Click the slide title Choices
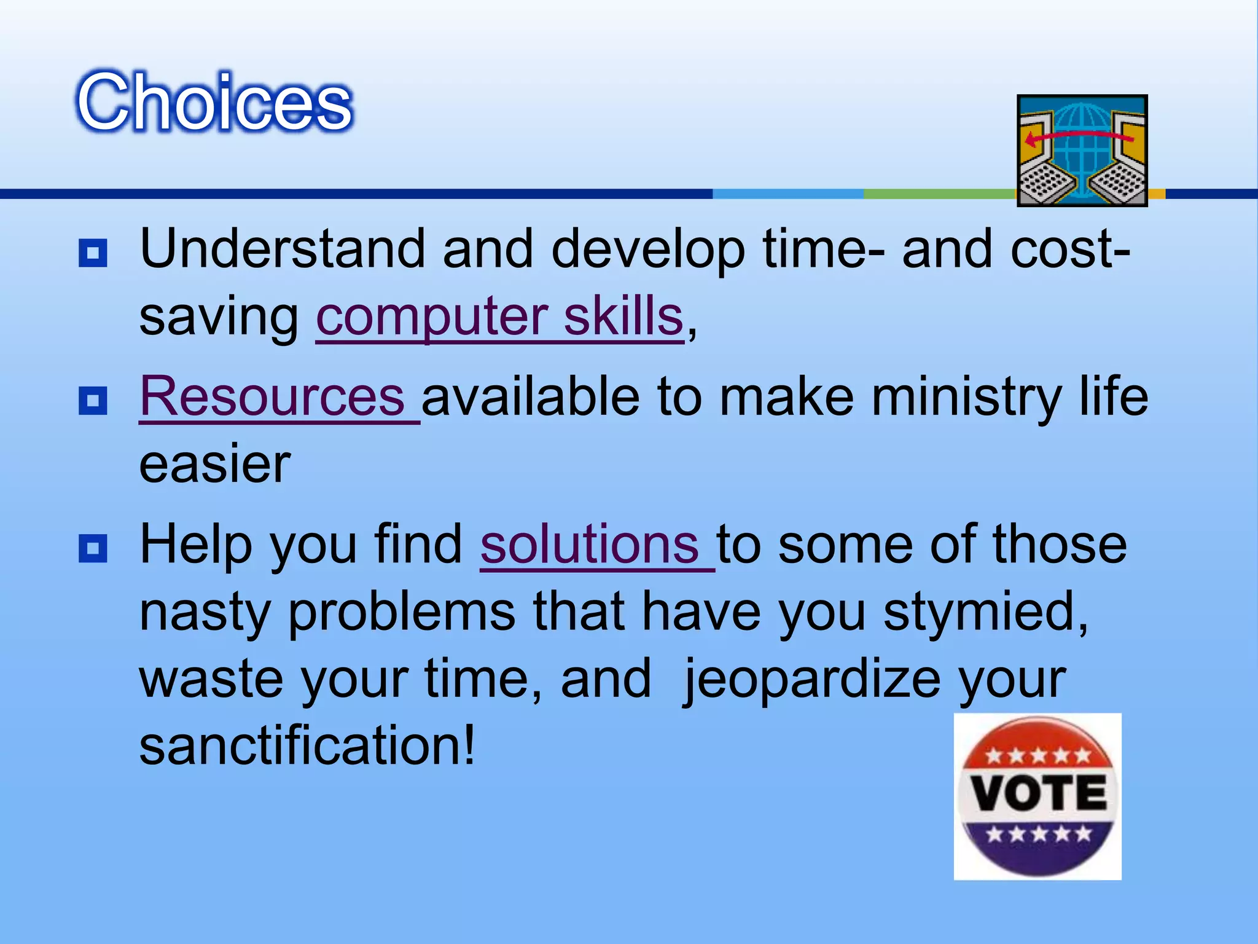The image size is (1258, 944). click(x=214, y=101)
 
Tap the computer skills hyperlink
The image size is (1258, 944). click(x=499, y=317)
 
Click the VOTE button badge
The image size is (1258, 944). click(x=1037, y=796)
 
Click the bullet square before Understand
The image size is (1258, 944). click(x=93, y=253)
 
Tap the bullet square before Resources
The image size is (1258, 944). click(x=93, y=401)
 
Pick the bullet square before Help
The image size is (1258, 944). click(x=93, y=548)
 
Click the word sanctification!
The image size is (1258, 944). click(x=307, y=745)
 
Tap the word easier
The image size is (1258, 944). click(x=214, y=464)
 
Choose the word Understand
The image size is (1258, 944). click(x=283, y=249)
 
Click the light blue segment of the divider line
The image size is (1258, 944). click(x=787, y=194)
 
